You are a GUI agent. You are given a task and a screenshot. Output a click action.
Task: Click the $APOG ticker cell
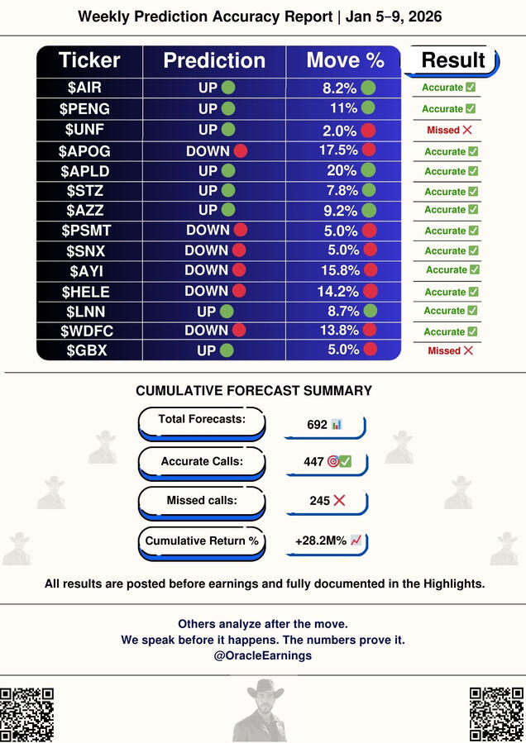pyautogui.click(x=85, y=150)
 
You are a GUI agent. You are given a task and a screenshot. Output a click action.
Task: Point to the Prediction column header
pyautogui.click(x=214, y=60)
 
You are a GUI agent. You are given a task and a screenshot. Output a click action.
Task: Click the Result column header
pyautogui.click(x=452, y=60)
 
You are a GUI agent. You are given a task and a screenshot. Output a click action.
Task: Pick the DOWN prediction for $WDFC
pyautogui.click(x=207, y=330)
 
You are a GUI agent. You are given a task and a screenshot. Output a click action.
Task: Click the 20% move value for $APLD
pyautogui.click(x=342, y=170)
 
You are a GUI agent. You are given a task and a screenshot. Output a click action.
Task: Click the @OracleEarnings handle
pyautogui.click(x=262, y=655)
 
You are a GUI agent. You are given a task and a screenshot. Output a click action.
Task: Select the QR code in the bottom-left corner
pyautogui.click(x=27, y=714)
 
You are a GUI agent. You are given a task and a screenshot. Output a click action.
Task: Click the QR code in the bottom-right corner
pyautogui.click(x=498, y=714)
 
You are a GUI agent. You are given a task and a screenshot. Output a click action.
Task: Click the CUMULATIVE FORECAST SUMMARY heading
pyautogui.click(x=253, y=391)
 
